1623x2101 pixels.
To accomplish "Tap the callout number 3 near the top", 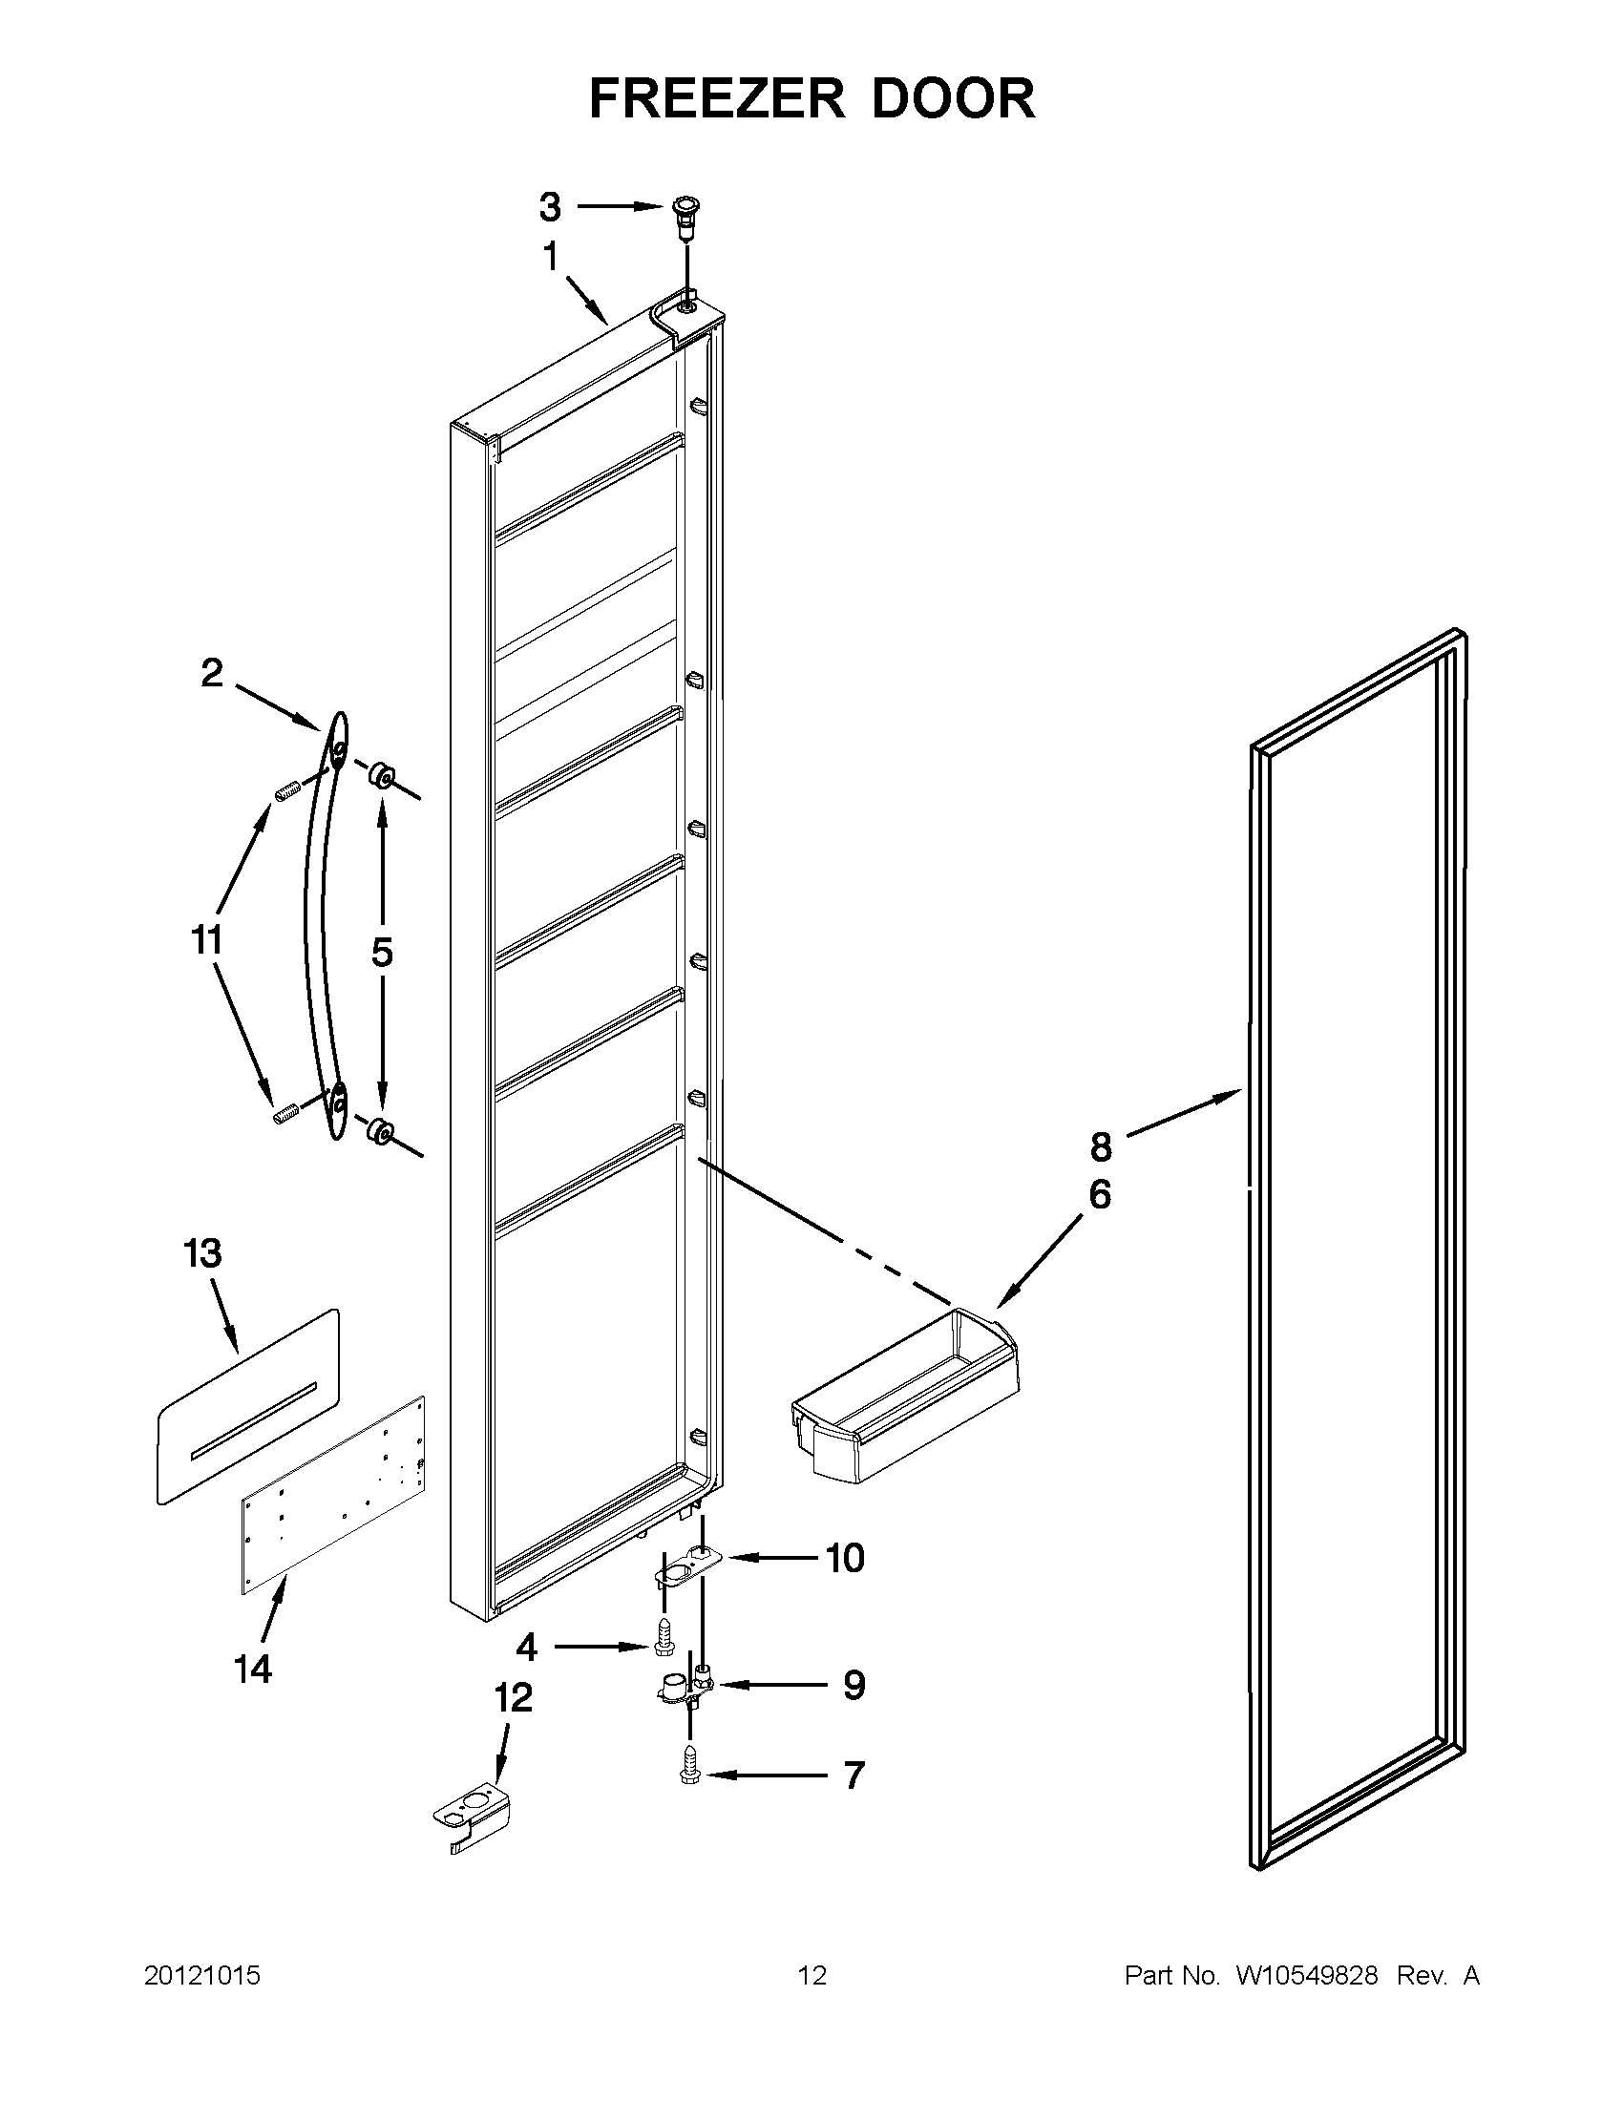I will click(549, 206).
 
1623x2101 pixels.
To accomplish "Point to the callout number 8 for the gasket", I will click(1101, 1146).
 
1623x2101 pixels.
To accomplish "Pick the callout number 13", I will click(203, 1254).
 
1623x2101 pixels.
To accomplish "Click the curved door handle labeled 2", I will click(320, 923).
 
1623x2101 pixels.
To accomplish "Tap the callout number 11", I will click(206, 939).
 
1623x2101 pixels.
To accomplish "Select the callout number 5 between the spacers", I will click(382, 952).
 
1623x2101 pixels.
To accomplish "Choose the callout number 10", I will click(845, 1560).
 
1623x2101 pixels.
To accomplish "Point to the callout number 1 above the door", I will click(550, 258).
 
